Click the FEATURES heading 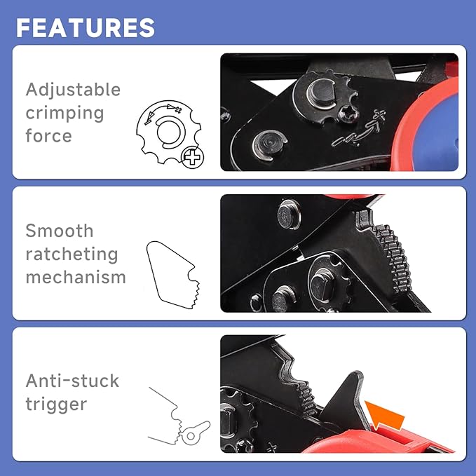(86, 27)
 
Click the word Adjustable (73, 90)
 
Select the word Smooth (60, 231)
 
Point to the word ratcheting (72, 254)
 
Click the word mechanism (76, 277)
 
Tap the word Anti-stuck (72, 381)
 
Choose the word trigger (56, 404)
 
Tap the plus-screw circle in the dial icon (191, 157)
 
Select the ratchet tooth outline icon (172, 273)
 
